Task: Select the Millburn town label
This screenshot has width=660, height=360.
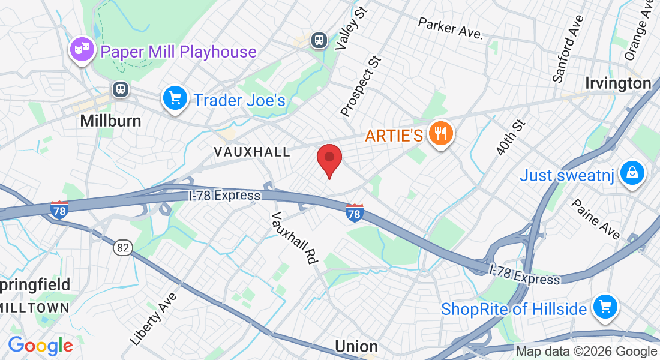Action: [111, 121]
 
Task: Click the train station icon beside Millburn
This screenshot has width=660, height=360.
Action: [121, 89]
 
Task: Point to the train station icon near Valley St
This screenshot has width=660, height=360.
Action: [318, 40]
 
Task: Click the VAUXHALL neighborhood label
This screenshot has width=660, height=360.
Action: [252, 152]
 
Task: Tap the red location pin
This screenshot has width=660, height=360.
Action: [329, 159]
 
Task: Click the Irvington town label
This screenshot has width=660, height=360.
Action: [618, 83]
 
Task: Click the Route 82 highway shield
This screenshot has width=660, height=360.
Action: [124, 247]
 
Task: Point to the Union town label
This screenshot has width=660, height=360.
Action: [356, 346]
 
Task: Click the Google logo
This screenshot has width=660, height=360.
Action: [40, 346]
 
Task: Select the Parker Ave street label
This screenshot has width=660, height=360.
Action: [450, 28]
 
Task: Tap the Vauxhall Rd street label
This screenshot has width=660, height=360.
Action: [294, 238]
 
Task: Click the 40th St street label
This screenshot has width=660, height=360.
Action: [511, 137]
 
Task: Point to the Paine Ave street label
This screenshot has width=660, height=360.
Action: [596, 219]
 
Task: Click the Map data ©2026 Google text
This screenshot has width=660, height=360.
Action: [586, 352]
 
